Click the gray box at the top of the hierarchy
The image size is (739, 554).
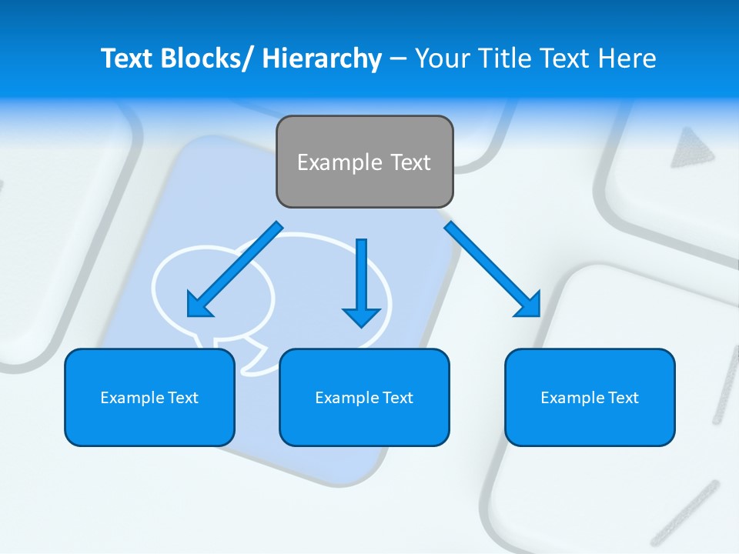[x=364, y=162]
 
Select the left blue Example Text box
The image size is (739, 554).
[x=149, y=397]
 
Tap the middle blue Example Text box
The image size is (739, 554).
[x=364, y=397]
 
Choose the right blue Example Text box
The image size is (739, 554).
[x=590, y=397]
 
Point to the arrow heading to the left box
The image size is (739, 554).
[x=236, y=269]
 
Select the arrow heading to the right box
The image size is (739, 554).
[x=493, y=269]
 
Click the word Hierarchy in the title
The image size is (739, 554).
[x=322, y=58]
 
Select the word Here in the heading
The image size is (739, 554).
[x=627, y=58]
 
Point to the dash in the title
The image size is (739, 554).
[x=398, y=59]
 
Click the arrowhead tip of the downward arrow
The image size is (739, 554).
[x=361, y=325]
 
